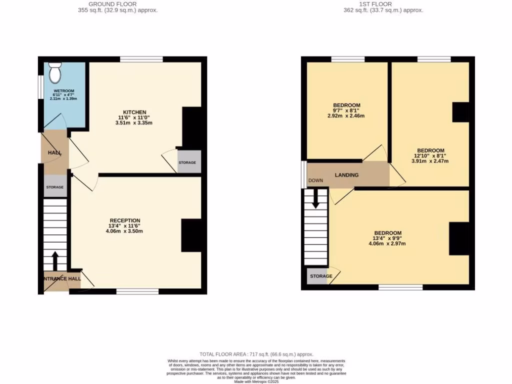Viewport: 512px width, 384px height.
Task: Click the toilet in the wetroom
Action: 55,73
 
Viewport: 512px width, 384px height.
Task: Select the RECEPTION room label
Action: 125,220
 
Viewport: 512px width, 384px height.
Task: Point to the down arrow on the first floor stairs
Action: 315,199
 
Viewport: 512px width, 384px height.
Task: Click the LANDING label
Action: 346,175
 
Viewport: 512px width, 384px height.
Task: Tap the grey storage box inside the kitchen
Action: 189,162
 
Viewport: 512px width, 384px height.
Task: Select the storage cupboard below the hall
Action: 55,186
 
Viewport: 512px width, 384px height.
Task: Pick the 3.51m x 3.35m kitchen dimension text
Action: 133,123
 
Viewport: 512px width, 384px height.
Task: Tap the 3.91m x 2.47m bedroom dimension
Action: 430,161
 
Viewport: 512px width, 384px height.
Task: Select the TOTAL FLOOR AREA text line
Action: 256,354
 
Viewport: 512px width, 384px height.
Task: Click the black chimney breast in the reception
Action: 191,235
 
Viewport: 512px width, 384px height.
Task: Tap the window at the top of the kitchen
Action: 141,59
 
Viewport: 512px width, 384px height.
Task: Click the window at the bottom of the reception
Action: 137,291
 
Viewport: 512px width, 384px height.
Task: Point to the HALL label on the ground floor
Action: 54,152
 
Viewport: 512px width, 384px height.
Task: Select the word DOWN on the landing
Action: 315,180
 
